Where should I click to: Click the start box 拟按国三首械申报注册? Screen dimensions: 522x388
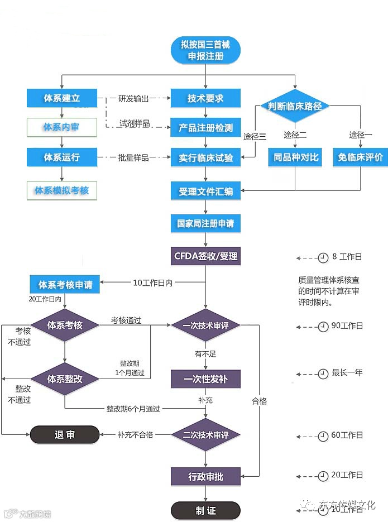click(x=205, y=50)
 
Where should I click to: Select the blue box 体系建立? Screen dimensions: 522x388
click(x=61, y=98)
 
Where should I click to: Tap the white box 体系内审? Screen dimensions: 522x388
click(x=61, y=127)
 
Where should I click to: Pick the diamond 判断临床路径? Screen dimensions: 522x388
click(x=295, y=106)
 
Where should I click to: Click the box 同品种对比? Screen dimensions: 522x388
click(x=295, y=157)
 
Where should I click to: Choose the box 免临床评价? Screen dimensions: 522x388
click(x=360, y=157)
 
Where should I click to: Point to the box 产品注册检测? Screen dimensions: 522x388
click(x=205, y=127)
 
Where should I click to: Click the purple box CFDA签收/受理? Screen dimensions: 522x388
click(x=205, y=256)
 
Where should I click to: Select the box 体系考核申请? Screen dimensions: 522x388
click(x=65, y=285)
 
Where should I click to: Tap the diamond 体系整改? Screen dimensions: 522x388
click(x=65, y=379)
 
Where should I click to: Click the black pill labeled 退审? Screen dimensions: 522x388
click(x=64, y=434)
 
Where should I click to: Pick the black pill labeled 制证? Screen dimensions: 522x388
click(x=205, y=510)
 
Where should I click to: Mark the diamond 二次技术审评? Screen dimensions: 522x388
click(x=205, y=434)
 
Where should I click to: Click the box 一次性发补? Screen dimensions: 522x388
click(x=205, y=379)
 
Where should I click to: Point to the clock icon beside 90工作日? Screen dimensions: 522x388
click(x=323, y=327)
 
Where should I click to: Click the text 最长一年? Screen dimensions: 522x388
click(x=347, y=372)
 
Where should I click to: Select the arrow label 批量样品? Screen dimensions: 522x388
click(x=133, y=157)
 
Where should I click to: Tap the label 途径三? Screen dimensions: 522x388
click(x=255, y=136)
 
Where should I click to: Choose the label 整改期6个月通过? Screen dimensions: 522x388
click(x=133, y=409)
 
